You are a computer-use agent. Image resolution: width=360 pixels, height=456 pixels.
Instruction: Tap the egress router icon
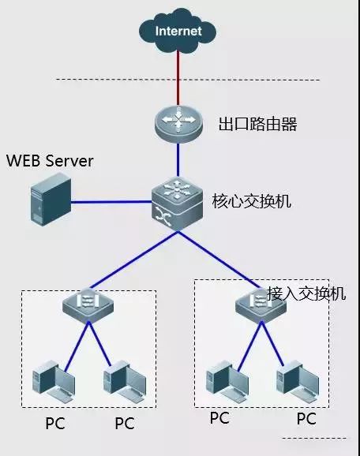click(178, 124)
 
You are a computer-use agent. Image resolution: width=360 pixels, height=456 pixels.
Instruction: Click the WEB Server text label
click(50, 162)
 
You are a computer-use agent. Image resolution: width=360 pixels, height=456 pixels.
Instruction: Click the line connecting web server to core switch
click(111, 202)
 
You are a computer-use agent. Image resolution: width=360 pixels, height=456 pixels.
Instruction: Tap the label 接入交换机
click(307, 293)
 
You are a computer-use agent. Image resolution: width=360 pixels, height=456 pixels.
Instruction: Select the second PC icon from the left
click(119, 378)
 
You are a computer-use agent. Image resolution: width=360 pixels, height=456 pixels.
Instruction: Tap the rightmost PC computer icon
click(292, 378)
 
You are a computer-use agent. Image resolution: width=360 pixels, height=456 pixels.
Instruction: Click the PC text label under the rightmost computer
click(306, 418)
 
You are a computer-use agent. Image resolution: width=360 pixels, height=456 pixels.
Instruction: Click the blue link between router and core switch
click(178, 162)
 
